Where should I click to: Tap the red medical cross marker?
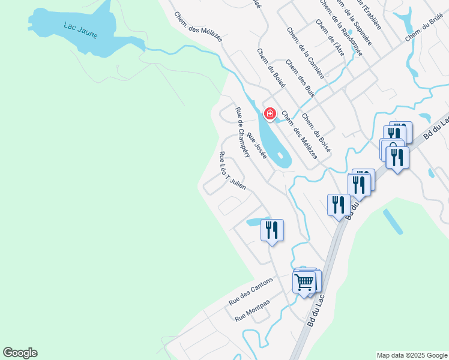click(270, 113)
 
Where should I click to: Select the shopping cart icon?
click(305, 281)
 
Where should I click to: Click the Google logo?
click(20, 353)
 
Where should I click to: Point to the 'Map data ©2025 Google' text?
click(412, 355)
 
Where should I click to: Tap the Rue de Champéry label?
click(243, 132)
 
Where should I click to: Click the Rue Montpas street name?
click(252, 310)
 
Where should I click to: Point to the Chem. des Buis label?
click(300, 77)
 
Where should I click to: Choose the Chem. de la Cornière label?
click(306, 53)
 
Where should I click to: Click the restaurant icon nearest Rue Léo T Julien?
click(272, 230)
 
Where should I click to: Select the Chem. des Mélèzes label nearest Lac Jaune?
click(199, 27)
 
